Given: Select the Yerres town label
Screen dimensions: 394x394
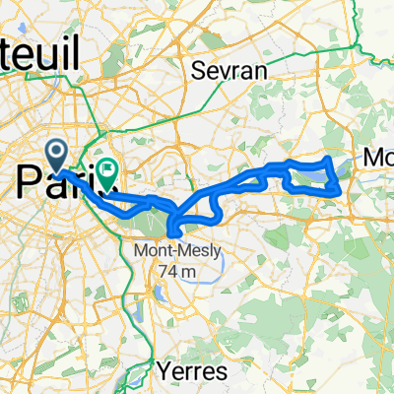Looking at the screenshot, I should pos(191,372).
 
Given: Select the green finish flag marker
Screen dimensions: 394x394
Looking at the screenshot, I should pos(105,173).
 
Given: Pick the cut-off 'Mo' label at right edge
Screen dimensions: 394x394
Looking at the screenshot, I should pos(378,157).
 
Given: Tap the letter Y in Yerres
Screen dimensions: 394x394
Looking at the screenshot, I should pos(164,372).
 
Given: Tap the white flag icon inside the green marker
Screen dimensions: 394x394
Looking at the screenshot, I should pos(105,172).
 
